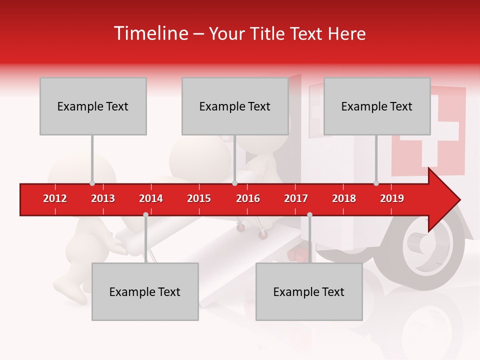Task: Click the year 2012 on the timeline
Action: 55,198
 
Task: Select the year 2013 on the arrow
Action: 103,198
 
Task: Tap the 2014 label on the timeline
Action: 151,198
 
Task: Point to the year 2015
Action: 199,198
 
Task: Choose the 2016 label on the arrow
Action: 248,198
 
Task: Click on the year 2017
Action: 296,198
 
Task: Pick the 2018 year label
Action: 344,198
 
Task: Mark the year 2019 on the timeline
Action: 392,198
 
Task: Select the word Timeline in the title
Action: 150,33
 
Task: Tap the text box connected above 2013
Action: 93,106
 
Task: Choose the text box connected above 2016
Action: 235,106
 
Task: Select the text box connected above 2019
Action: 377,106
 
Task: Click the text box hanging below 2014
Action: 145,291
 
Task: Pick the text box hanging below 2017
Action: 309,291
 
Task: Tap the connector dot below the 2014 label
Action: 145,214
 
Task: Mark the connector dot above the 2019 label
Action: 376,183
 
